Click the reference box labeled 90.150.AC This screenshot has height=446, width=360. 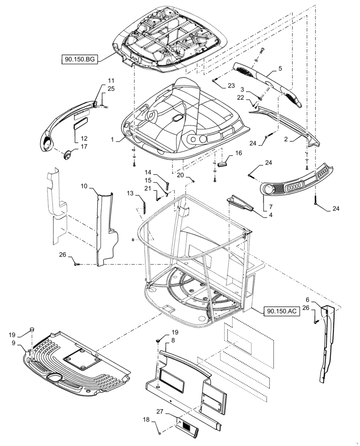click(x=282, y=311)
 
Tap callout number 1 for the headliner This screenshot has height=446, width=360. click(x=115, y=139)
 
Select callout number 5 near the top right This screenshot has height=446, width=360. click(x=280, y=69)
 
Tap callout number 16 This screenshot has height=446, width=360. click(x=238, y=153)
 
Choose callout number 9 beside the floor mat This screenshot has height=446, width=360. click(x=14, y=343)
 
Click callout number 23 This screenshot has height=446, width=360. click(x=231, y=85)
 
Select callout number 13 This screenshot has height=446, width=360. click(x=130, y=193)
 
